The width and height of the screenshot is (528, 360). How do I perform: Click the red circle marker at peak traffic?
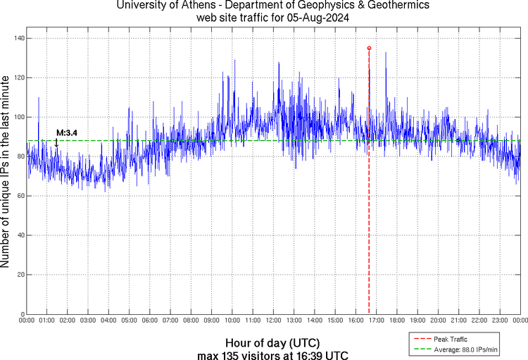pyautogui.click(x=369, y=48)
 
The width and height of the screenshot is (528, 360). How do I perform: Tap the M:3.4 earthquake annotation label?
pyautogui.click(x=67, y=132)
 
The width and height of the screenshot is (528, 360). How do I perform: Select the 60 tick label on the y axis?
pyautogui.click(x=20, y=196)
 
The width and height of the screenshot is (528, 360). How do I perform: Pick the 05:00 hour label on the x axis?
pyautogui.click(x=130, y=321)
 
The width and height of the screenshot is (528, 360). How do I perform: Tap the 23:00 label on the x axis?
pyautogui.click(x=499, y=321)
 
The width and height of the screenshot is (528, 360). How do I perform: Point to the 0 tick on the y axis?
pyautogui.click(x=22, y=314)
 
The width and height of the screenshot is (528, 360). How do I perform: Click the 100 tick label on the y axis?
pyautogui.click(x=18, y=117)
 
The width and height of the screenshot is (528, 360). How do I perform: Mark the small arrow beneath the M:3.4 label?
pyautogui.click(x=56, y=142)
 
